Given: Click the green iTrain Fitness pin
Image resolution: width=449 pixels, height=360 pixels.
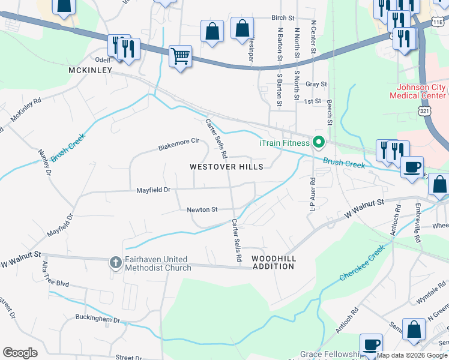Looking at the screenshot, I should pos(318,142).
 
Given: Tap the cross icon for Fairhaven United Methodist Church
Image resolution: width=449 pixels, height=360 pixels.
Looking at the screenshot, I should pos(116,262).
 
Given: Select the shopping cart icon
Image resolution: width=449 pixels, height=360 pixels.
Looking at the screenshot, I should pos(180,57).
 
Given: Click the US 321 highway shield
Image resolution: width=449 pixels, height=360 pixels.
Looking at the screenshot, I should pos(424,112).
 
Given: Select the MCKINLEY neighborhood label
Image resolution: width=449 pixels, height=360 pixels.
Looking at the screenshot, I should pos(91,70).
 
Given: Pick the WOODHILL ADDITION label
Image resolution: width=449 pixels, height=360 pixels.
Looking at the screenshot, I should pos(273,262).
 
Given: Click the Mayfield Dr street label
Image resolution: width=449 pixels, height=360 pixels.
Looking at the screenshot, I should pos(154,190).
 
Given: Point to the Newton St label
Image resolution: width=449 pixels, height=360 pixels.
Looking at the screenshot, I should pos(202,209).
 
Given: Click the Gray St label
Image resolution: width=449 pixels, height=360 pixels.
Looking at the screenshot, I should pos(316,85).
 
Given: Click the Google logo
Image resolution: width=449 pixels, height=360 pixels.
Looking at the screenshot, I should pos(20,353).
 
